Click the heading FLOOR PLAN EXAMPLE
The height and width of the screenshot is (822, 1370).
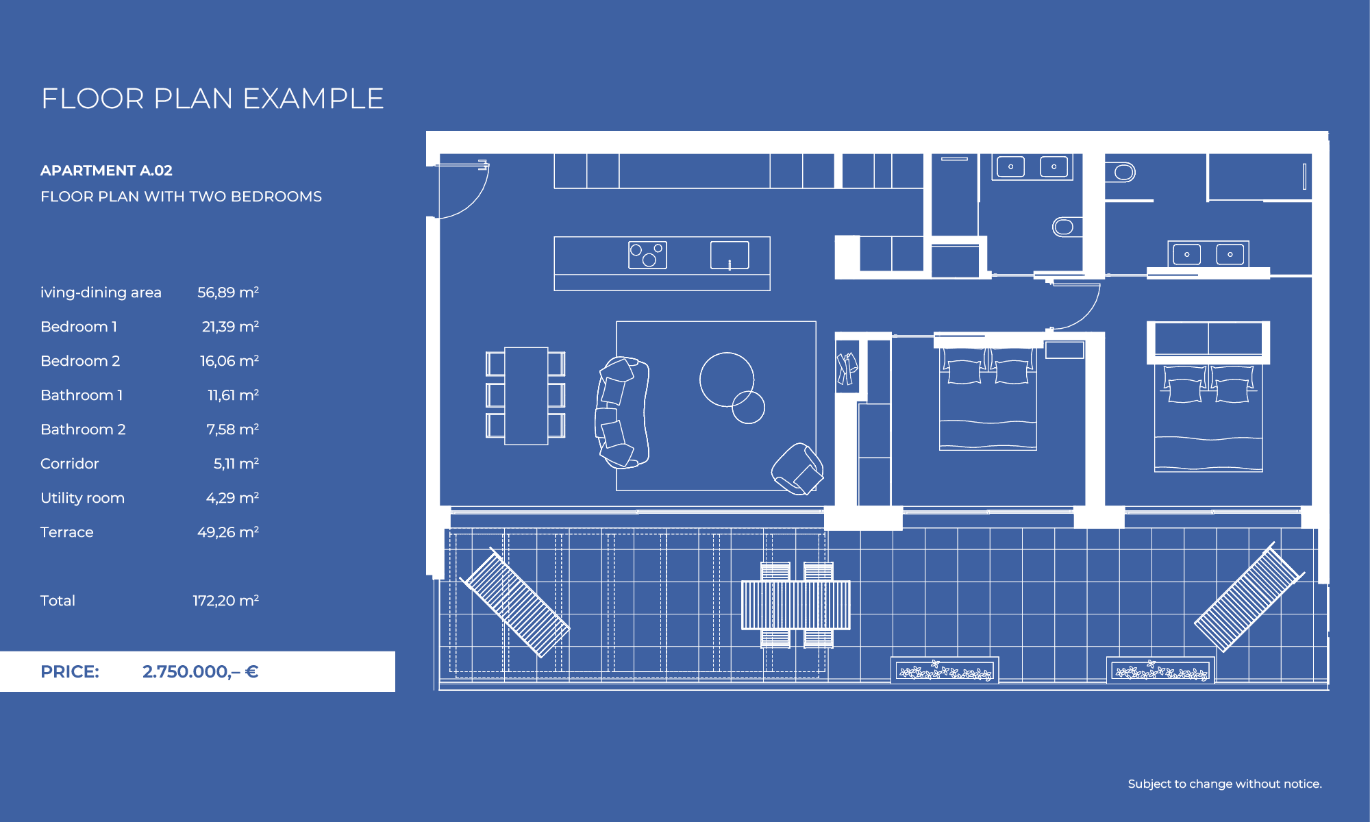point(212,99)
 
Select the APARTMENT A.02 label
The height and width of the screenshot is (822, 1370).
point(106,171)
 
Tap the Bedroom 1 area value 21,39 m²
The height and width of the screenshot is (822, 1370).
point(230,327)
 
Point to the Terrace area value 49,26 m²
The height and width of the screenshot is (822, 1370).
point(227,532)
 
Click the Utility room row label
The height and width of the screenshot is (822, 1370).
point(82,498)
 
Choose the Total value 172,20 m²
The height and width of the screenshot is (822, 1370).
point(225,601)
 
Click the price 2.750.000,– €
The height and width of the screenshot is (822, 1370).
point(200,671)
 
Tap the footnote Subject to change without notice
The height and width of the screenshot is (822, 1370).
point(1225,784)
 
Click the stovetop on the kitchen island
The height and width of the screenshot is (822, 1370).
point(647,255)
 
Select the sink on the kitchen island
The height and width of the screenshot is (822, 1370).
point(730,255)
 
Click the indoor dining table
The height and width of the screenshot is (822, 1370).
point(526,396)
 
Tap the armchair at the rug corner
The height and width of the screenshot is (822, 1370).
point(797,469)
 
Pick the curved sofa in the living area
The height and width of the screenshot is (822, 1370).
point(622,412)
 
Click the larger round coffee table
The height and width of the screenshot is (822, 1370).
point(726,379)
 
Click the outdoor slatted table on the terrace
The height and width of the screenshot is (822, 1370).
point(796,605)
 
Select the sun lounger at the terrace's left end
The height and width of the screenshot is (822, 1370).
point(514,602)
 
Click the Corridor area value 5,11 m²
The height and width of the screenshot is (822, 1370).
point(236,464)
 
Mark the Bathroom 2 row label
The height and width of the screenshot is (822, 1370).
point(83,429)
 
